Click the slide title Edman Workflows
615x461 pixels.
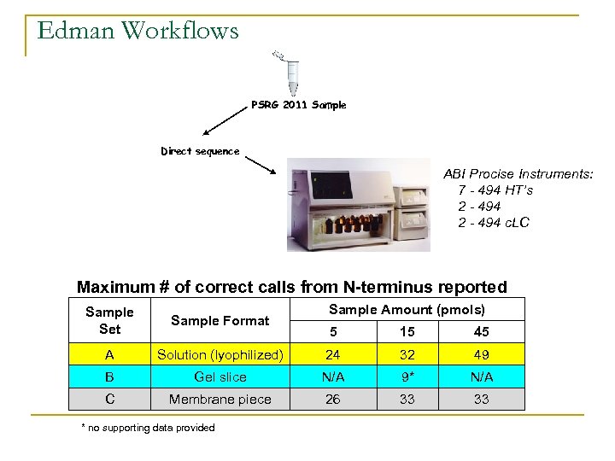138,32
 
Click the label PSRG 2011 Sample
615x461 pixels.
298,105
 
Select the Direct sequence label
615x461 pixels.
200,151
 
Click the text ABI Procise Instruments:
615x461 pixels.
518,174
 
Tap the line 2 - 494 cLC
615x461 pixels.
494,223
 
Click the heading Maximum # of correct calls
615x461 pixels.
292,288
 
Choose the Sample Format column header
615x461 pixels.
220,320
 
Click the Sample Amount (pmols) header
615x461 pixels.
407,310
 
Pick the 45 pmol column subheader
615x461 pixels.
481,332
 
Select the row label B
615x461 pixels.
109,376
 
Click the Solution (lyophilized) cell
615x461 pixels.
220,354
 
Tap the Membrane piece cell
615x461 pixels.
220,399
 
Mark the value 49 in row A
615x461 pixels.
481,354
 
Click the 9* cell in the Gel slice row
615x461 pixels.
407,376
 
